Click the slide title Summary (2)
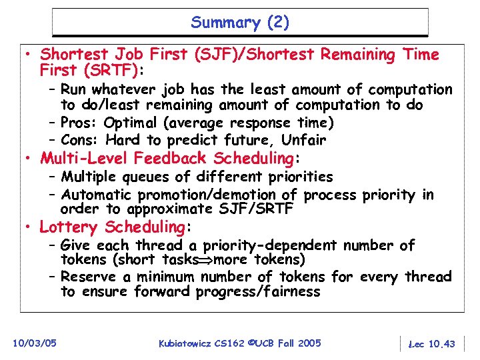tap(240, 23)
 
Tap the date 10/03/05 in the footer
tap(34, 343)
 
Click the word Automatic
tap(96, 195)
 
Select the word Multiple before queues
tap(91, 177)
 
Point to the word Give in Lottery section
tap(75, 246)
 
